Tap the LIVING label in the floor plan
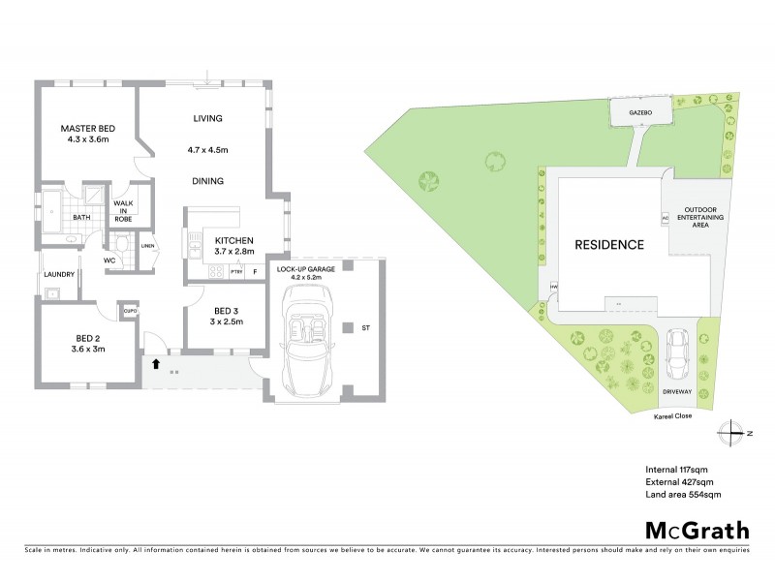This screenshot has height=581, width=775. [208, 118]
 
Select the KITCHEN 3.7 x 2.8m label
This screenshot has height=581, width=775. [233, 245]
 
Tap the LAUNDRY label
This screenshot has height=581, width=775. [59, 274]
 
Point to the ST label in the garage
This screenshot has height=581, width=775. [366, 329]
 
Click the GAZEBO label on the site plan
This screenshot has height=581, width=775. [637, 112]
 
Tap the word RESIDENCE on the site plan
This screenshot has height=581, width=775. [607, 245]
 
